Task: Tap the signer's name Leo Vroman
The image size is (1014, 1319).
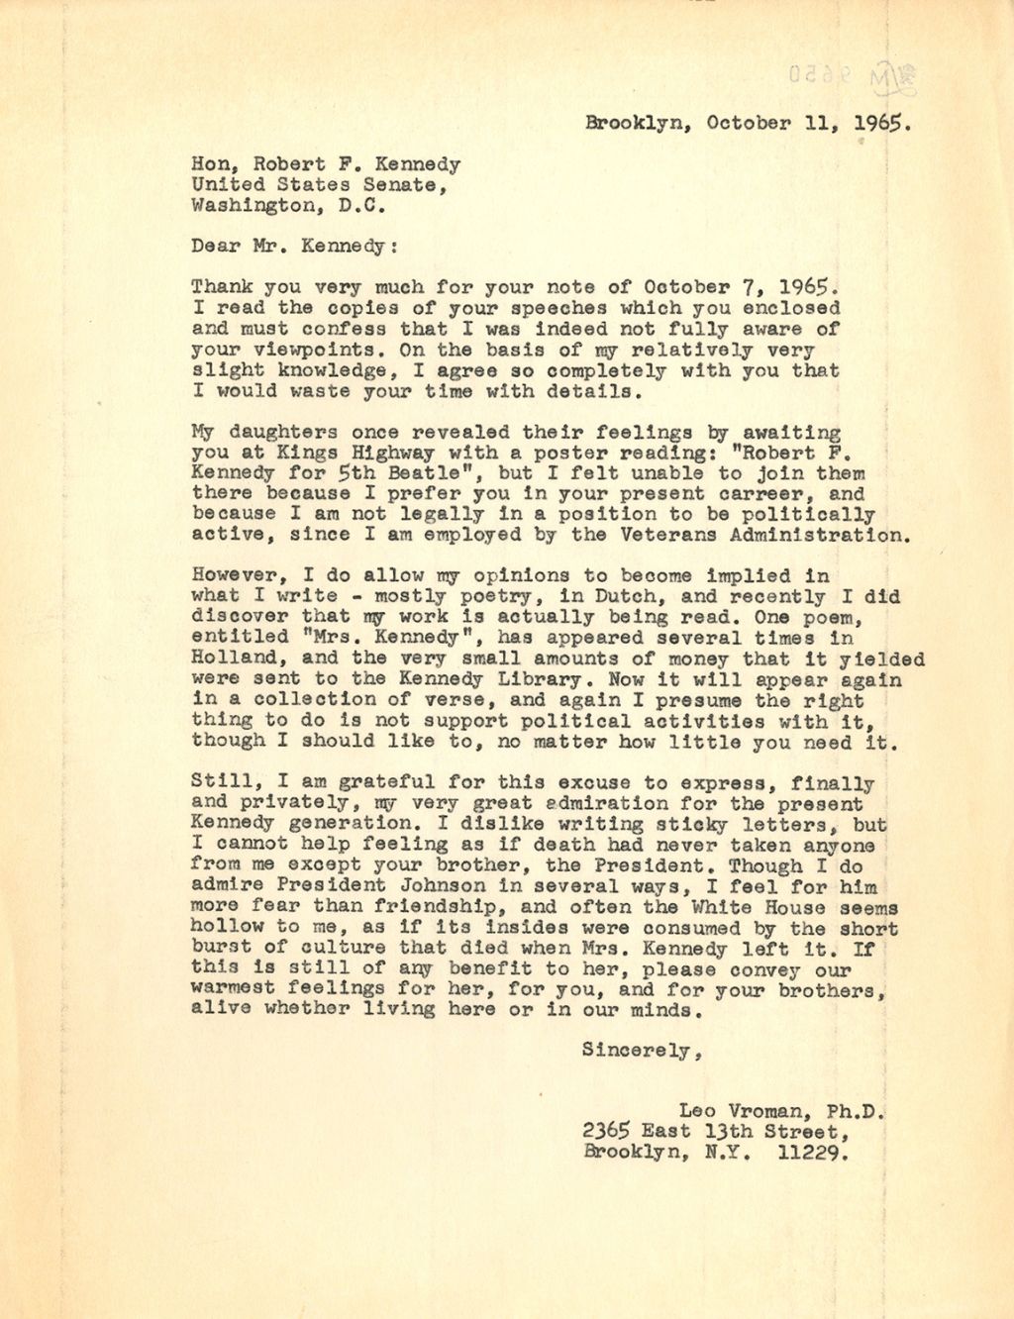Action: pos(746,1112)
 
